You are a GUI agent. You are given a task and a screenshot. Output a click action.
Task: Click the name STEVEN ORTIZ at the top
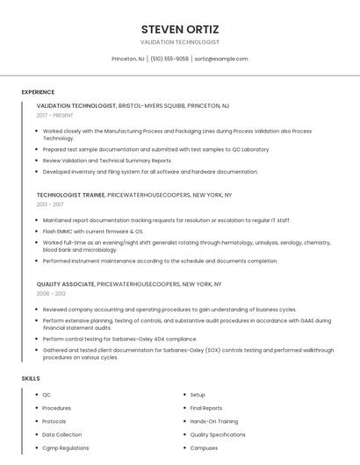pos(180,28)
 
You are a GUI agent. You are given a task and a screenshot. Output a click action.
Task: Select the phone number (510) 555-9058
pos(169,59)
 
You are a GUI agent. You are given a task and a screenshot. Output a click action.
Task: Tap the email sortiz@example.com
pos(221,59)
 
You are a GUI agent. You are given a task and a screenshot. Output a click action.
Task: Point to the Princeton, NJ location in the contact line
pos(128,59)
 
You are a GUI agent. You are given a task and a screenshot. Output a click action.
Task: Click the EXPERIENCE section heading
pos(38,92)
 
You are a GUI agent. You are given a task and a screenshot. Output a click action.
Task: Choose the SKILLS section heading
pos(31,378)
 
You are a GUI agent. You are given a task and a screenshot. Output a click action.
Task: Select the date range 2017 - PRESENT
pos(54,115)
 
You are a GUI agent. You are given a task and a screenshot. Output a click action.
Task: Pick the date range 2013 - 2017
pos(50,204)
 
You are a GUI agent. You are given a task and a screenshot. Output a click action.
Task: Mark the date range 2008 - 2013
pos(51,294)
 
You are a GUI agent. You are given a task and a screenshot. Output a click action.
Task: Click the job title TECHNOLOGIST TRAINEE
pos(71,195)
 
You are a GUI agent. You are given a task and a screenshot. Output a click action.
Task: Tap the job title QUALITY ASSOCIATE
pos(65,284)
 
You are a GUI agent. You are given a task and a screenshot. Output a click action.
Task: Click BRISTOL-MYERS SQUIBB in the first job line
pos(151,105)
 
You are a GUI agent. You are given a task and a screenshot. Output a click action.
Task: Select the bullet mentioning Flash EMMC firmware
pos(93,231)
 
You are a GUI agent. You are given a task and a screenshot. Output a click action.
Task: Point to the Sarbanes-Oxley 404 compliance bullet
pos(119,339)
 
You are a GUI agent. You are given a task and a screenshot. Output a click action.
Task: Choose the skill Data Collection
pos(61,434)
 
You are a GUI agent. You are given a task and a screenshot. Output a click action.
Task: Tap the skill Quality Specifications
pos(218,434)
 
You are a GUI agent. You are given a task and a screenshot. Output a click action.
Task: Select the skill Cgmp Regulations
pos(65,447)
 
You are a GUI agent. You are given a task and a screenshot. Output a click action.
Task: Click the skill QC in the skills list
pos(47,395)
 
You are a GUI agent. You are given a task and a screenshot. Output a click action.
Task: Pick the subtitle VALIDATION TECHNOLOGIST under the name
pos(180,42)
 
